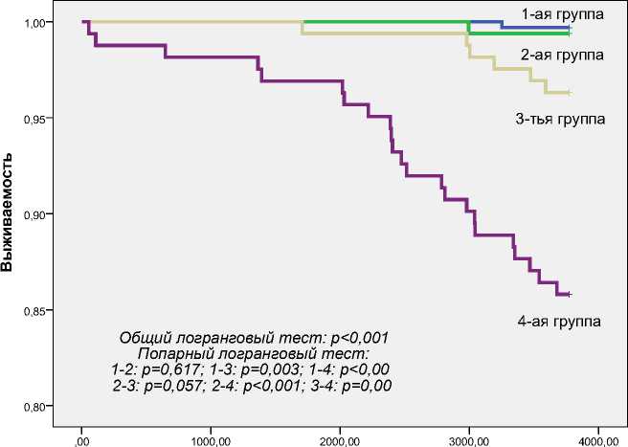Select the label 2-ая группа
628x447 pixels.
(x=562, y=55)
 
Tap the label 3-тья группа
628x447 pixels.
(x=559, y=119)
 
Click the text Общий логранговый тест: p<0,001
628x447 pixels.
(x=254, y=338)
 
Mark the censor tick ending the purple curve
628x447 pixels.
(x=570, y=294)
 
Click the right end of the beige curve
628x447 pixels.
(x=570, y=93)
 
